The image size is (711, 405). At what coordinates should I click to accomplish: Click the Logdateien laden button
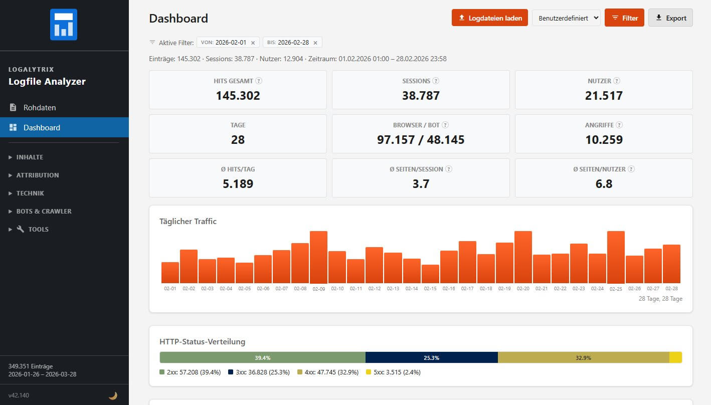[489, 18]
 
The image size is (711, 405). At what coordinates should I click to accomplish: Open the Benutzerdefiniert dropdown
[566, 18]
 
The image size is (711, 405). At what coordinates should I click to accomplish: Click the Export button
[670, 18]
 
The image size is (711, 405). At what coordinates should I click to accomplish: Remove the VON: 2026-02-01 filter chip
[253, 43]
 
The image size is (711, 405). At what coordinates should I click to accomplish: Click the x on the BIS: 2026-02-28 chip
[315, 43]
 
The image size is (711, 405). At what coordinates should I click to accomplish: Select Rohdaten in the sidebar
[40, 107]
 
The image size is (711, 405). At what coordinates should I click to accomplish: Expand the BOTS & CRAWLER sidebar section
[44, 211]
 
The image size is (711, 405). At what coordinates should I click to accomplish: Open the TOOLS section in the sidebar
[38, 229]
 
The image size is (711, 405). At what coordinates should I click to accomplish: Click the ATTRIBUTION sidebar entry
[38, 175]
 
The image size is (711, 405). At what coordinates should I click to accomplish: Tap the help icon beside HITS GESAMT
[259, 81]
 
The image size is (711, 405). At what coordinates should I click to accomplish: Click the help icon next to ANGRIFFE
[619, 125]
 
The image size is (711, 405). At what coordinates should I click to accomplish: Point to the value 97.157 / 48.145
[421, 140]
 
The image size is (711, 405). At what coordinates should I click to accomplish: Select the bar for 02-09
[318, 257]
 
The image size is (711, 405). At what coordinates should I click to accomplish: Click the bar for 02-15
[430, 274]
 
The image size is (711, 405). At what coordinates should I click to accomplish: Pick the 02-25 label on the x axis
[616, 289]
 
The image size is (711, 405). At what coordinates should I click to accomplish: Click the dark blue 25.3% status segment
[431, 357]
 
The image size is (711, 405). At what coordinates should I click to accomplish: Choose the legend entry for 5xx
[393, 372]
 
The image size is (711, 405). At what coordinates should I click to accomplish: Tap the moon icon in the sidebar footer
[113, 395]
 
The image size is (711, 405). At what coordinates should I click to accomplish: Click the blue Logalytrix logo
[64, 24]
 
